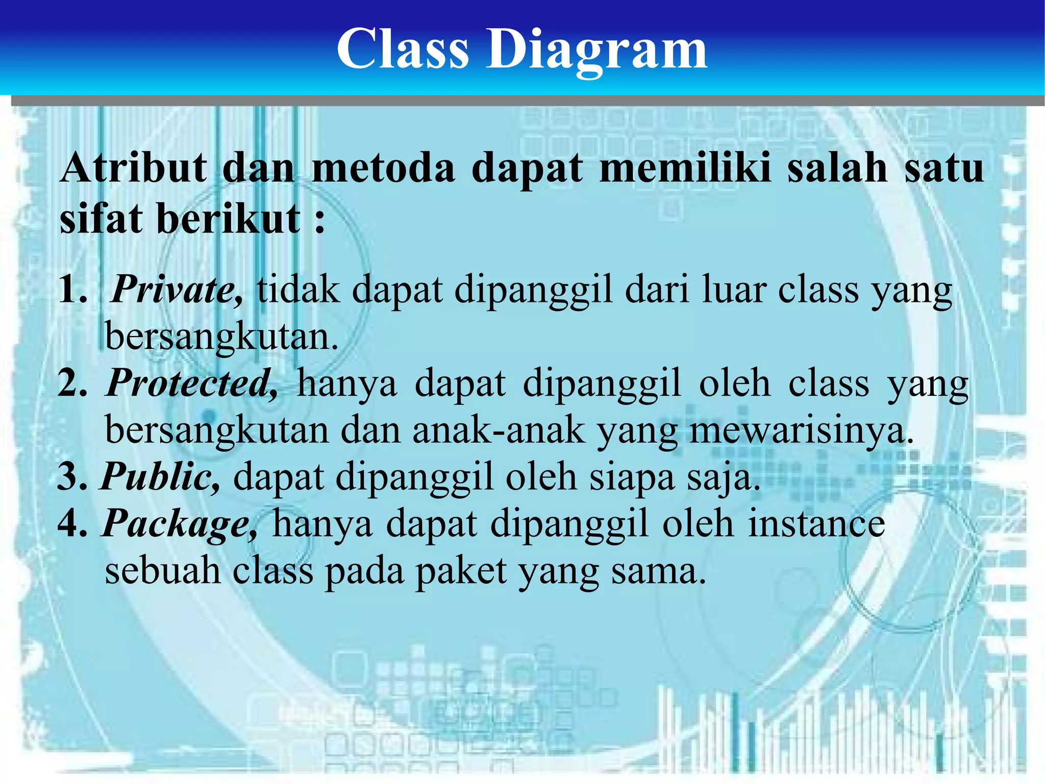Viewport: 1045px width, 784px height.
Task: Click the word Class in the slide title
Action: click(403, 48)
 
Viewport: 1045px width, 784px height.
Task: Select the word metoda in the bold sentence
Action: click(383, 168)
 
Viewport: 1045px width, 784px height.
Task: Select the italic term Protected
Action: click(191, 383)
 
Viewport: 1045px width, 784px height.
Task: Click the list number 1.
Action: click(71, 290)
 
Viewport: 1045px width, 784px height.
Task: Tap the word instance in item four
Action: click(816, 524)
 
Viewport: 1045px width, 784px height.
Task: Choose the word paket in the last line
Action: click(462, 571)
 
